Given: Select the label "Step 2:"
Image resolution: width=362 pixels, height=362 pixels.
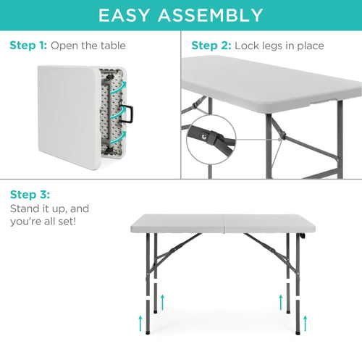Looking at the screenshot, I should (211, 46).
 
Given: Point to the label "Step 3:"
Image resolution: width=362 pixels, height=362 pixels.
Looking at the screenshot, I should (30, 195).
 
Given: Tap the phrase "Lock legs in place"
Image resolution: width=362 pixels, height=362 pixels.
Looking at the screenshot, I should (279, 46).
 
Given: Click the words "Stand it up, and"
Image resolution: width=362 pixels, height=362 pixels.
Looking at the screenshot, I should (50, 209).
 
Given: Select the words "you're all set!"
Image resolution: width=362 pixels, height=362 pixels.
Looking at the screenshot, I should (44, 220).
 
